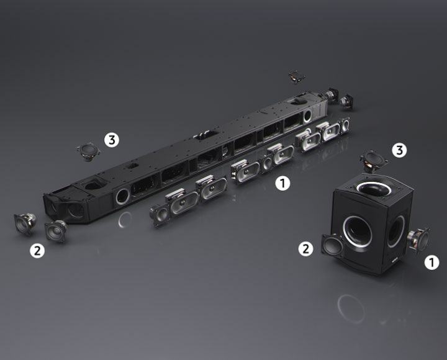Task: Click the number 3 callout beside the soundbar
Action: [x=112, y=140]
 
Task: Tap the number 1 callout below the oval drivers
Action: [x=282, y=183]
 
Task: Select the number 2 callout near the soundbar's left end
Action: [x=37, y=251]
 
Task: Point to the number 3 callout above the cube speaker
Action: [x=399, y=150]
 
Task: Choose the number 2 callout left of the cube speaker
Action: [x=305, y=249]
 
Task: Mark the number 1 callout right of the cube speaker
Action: [x=432, y=262]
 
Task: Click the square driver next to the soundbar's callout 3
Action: [x=88, y=151]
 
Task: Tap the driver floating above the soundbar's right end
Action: [x=297, y=77]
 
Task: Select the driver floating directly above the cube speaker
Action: [x=374, y=161]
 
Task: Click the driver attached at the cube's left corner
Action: [x=333, y=245]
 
